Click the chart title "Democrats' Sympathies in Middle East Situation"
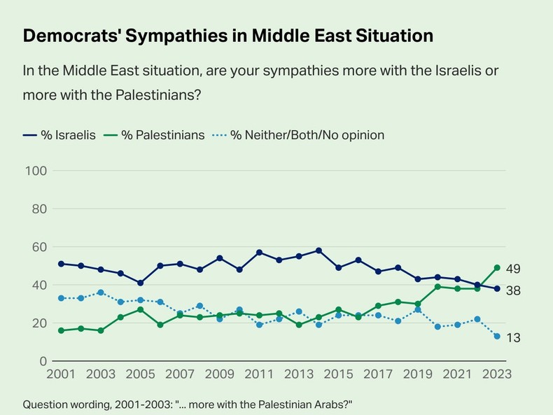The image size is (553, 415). coord(227,36)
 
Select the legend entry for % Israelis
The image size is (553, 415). coord(59,134)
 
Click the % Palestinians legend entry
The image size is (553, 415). coord(153,134)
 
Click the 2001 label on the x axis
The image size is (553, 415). coord(61,375)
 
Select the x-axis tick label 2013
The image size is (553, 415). coord(298,375)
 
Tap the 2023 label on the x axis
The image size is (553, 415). coord(496,375)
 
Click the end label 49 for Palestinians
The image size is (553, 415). coord(512,269)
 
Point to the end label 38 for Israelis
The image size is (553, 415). coord(512,290)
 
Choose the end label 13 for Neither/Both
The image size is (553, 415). coord(512,338)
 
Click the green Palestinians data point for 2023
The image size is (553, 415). coord(497,267)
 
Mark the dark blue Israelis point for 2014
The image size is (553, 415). coord(318,251)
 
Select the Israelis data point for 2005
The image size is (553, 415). coord(140,283)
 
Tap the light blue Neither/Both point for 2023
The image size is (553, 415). coord(497,337)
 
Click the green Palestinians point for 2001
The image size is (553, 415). coord(61,330)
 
